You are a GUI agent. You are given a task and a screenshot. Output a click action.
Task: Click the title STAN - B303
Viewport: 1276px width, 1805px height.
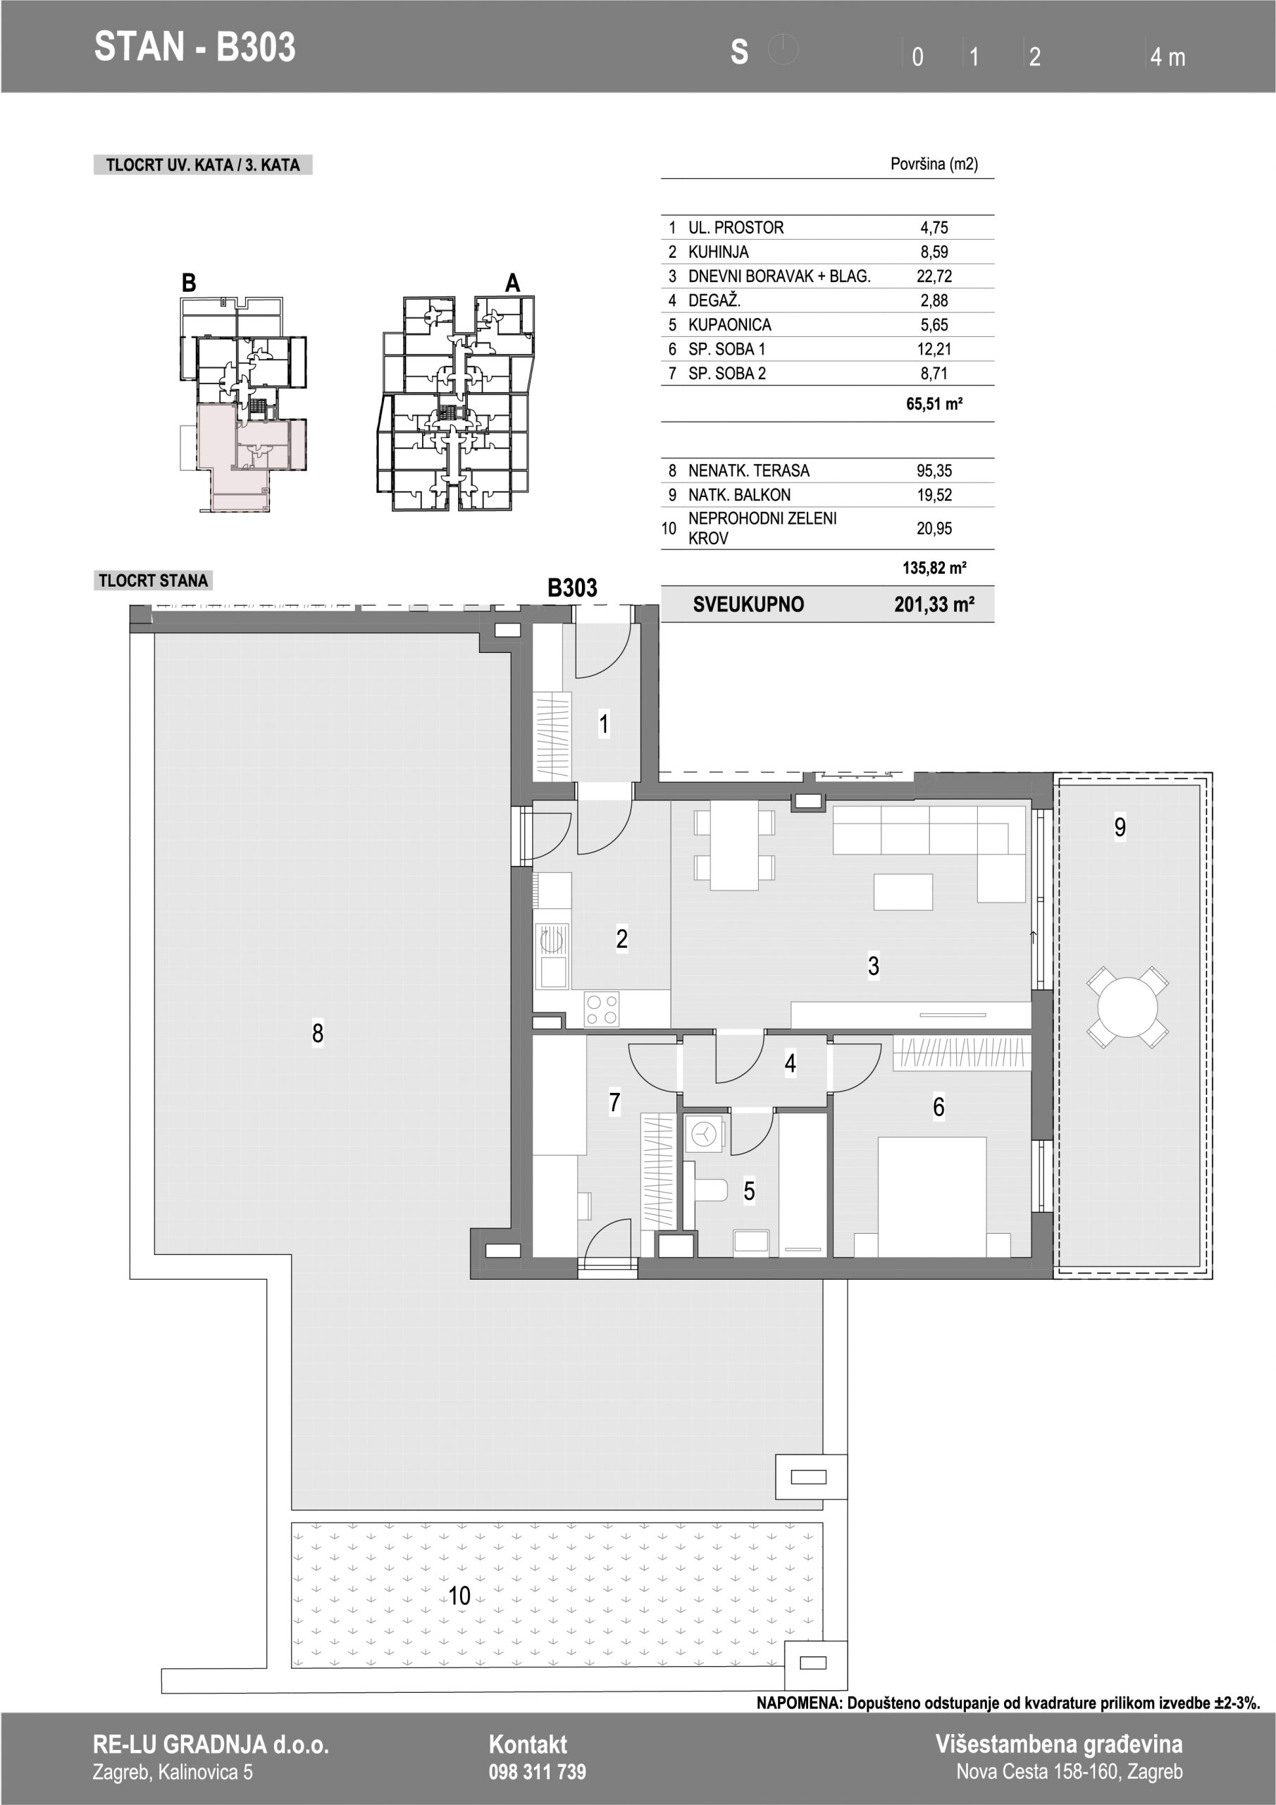(195, 47)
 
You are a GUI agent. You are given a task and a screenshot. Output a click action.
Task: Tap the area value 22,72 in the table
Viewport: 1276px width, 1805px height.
(934, 276)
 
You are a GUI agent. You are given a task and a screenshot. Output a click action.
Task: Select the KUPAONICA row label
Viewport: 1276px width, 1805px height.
(729, 324)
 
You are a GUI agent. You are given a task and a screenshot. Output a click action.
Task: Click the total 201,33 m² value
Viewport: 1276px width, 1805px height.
(934, 604)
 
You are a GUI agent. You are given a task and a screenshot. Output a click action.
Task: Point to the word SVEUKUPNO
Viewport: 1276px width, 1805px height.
(748, 604)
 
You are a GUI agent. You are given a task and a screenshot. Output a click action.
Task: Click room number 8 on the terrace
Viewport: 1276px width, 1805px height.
(318, 1033)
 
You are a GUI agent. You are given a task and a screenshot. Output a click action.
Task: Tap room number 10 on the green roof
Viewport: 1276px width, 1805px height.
(459, 1596)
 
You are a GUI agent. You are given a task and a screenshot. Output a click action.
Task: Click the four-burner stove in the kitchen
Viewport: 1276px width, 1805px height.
(602, 1010)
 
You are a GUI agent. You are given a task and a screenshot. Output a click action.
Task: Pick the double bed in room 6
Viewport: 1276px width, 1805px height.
(932, 1197)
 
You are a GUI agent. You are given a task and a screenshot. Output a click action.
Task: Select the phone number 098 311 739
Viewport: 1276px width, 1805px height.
(538, 1772)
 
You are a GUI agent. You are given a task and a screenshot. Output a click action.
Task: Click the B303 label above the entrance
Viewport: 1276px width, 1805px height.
(572, 588)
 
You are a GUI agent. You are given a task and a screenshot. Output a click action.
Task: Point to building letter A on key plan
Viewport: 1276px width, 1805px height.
(512, 283)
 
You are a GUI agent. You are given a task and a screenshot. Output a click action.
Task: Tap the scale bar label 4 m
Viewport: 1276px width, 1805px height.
(1167, 57)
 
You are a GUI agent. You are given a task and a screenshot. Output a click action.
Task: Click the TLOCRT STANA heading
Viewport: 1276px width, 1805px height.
(153, 581)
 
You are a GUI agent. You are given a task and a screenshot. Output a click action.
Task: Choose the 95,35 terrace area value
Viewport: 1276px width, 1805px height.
(934, 470)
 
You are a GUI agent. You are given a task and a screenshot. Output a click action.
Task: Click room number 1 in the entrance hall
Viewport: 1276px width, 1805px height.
(603, 724)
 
